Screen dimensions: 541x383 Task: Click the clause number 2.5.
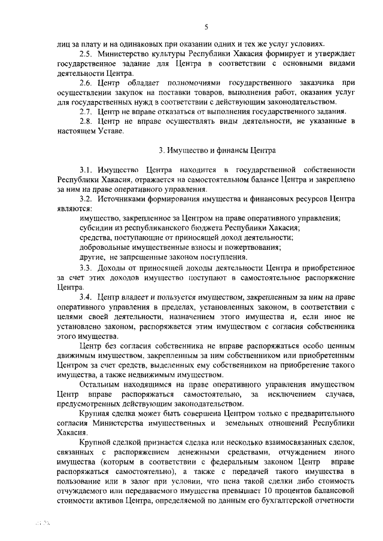(x=88, y=53)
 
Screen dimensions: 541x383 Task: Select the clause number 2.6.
(x=88, y=82)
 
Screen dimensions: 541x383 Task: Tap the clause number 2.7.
(x=87, y=111)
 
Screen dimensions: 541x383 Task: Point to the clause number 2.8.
(x=87, y=121)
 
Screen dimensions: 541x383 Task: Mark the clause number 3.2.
(x=87, y=199)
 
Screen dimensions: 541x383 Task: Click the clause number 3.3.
(x=87, y=267)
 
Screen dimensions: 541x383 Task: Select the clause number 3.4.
(x=87, y=297)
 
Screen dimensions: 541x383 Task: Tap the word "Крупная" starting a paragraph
(x=96, y=414)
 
